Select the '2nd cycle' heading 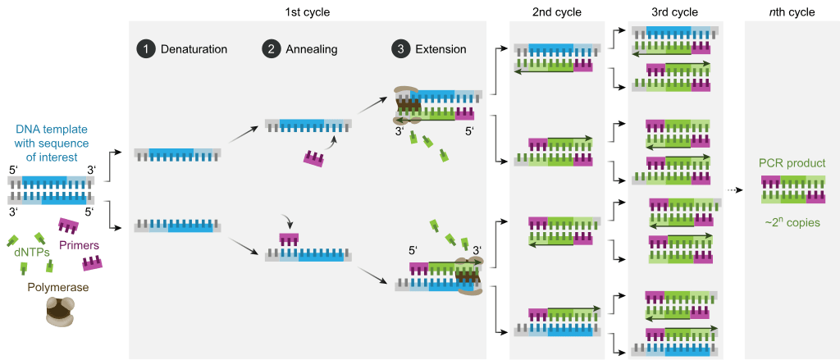[x=556, y=12]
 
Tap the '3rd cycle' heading [x=675, y=12]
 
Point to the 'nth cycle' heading [x=792, y=12]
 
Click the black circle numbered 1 [x=145, y=49]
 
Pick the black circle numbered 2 [x=270, y=49]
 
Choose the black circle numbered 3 [x=399, y=49]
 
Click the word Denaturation [x=194, y=49]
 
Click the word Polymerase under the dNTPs [x=58, y=287]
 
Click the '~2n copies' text [x=792, y=222]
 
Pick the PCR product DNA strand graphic [x=792, y=190]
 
